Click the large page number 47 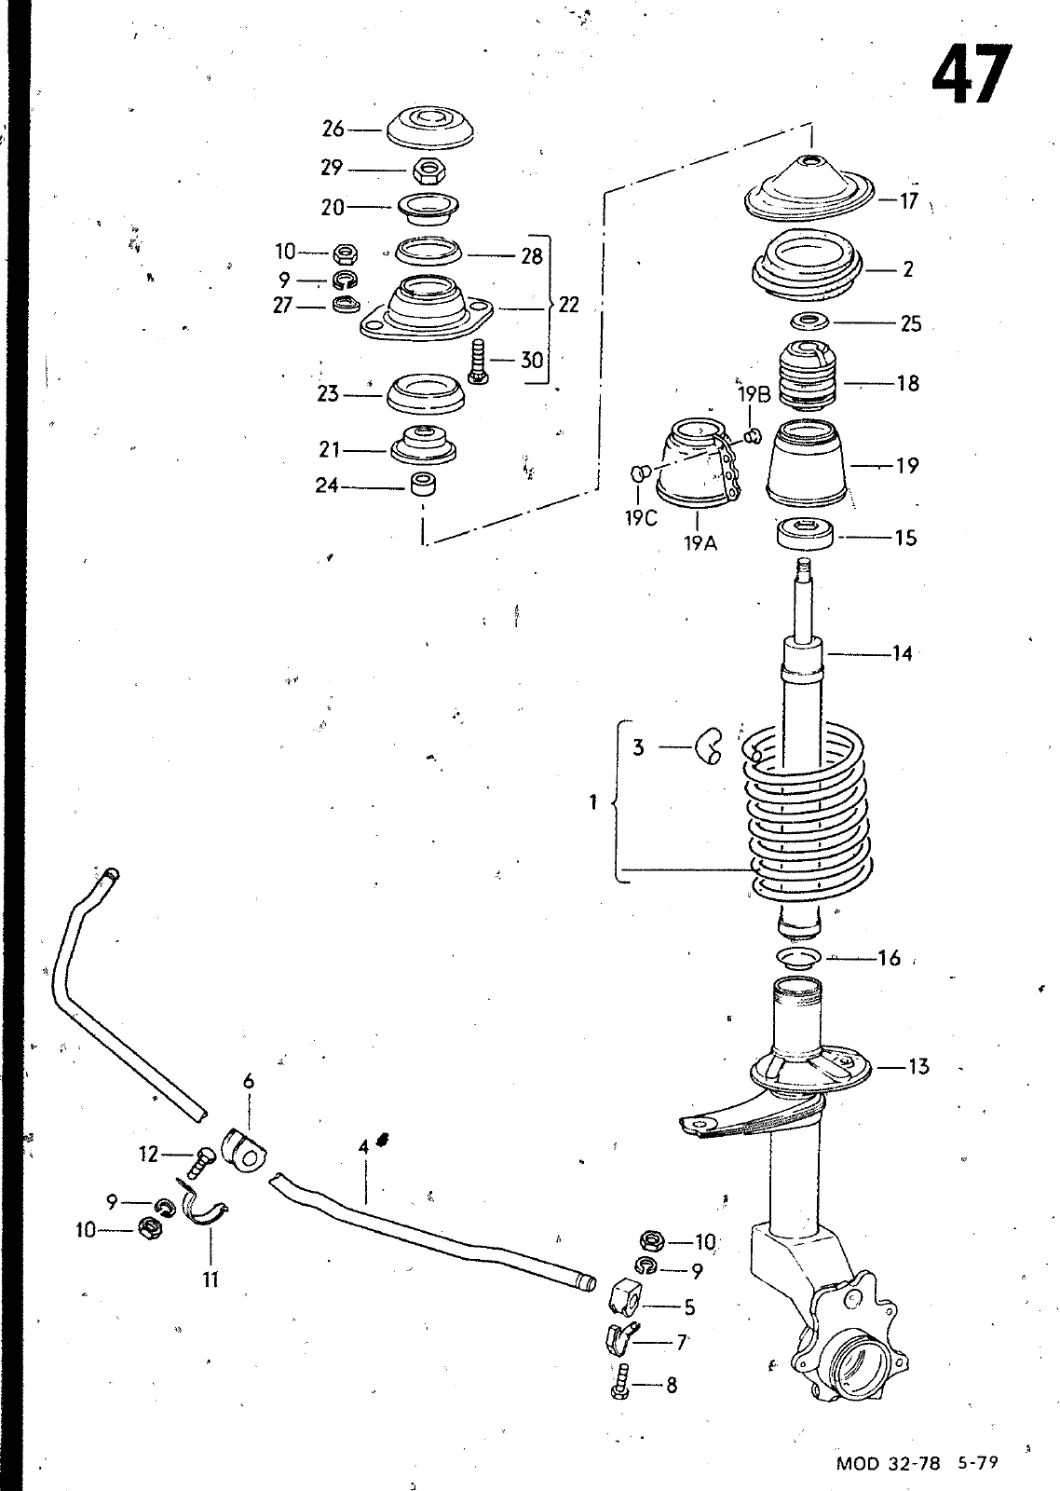(972, 74)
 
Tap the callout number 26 (333, 129)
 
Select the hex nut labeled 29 (429, 171)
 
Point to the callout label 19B (754, 395)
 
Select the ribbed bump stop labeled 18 (807, 377)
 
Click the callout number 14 (902, 653)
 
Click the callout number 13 (918, 1066)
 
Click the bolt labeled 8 (622, 1383)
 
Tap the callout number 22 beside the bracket (569, 305)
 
